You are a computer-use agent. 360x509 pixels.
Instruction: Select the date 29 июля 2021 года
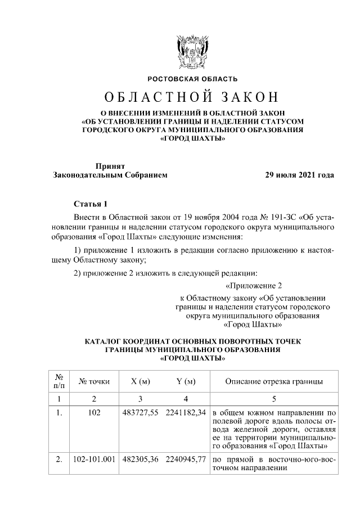[300, 175]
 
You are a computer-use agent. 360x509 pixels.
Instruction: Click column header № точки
[94, 382]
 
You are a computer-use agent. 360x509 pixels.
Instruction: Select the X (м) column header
[140, 382]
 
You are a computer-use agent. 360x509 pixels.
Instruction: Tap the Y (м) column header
[186, 382]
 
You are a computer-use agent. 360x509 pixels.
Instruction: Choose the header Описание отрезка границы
[273, 382]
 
